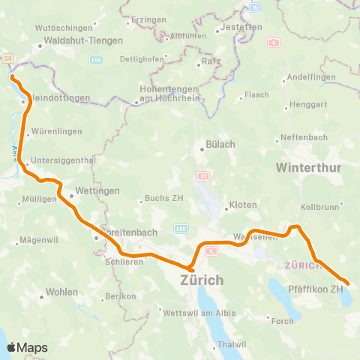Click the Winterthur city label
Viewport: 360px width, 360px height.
click(x=310, y=166)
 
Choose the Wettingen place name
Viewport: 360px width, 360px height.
click(x=98, y=192)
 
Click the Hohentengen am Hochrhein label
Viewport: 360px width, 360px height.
click(x=170, y=93)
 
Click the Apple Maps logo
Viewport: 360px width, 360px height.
click(x=27, y=347)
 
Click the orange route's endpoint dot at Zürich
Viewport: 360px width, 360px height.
click(x=191, y=269)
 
